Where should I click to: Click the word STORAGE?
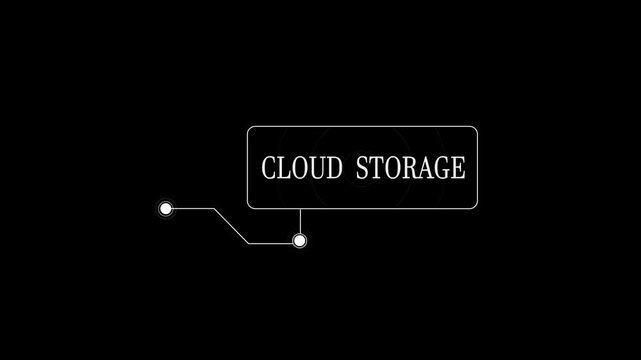click(x=410, y=168)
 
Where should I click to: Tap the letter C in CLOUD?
click(x=268, y=168)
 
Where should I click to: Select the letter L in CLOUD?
click(x=283, y=168)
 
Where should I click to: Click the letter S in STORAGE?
click(x=361, y=168)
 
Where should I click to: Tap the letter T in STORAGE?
click(x=375, y=168)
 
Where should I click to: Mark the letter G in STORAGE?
click(x=441, y=168)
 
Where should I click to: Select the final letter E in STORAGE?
click(x=458, y=168)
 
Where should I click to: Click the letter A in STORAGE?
click(x=424, y=168)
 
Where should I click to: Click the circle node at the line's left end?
click(x=166, y=208)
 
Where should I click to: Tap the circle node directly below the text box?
click(x=299, y=241)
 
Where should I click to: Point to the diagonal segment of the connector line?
click(x=231, y=225)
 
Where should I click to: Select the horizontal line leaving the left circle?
click(x=193, y=208)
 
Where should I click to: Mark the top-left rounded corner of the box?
click(x=250, y=129)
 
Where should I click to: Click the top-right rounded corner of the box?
click(x=475, y=129)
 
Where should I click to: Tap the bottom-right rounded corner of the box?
click(x=475, y=206)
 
